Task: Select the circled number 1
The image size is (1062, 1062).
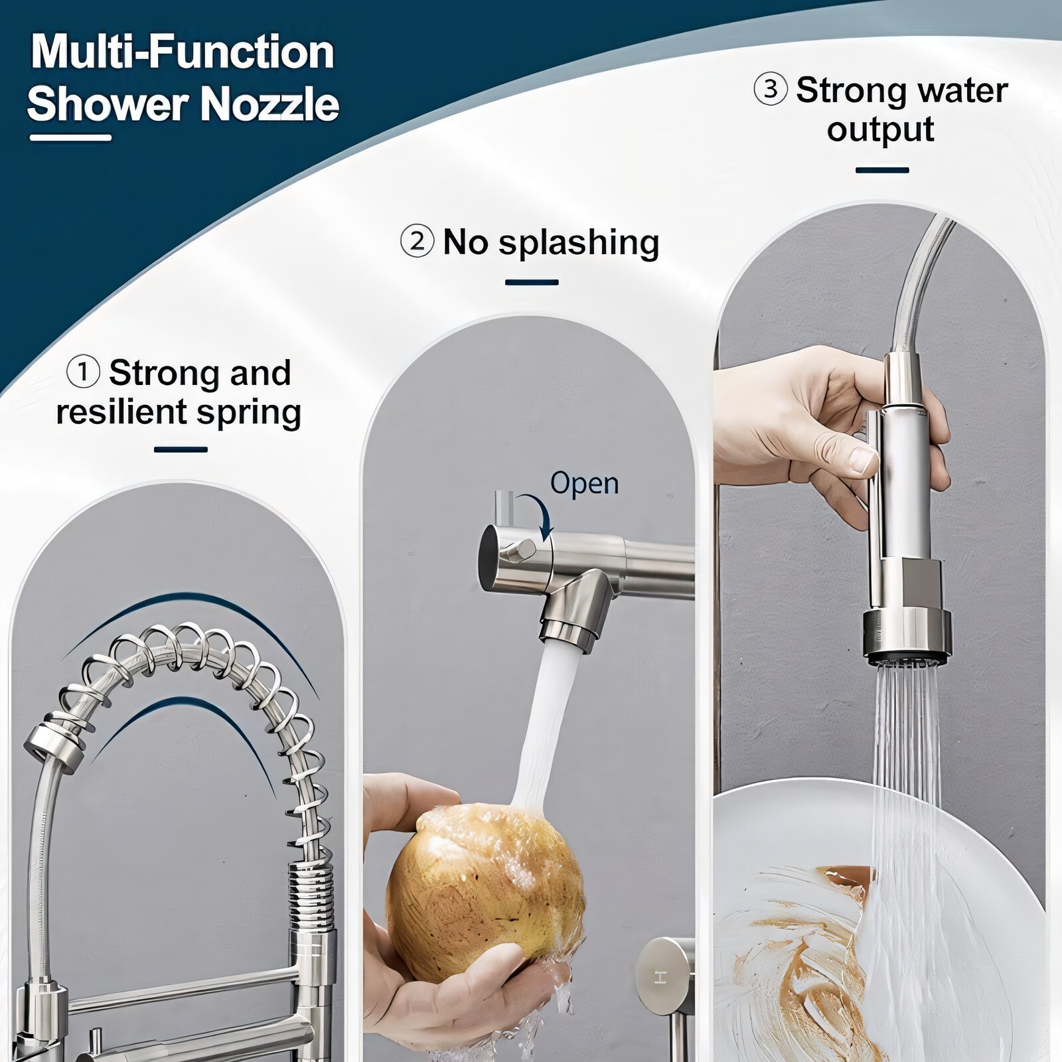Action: [84, 372]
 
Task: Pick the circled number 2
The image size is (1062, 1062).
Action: [417, 242]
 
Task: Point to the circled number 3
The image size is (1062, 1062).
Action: [771, 89]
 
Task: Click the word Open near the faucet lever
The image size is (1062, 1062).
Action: [584, 484]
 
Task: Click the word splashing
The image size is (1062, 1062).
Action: [579, 244]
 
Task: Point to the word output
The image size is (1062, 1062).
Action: [880, 129]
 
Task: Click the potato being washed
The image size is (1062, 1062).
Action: [486, 879]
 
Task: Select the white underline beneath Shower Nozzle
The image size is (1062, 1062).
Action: [71, 137]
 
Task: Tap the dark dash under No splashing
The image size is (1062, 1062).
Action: [532, 283]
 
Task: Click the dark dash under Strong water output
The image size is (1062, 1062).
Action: [882, 171]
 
